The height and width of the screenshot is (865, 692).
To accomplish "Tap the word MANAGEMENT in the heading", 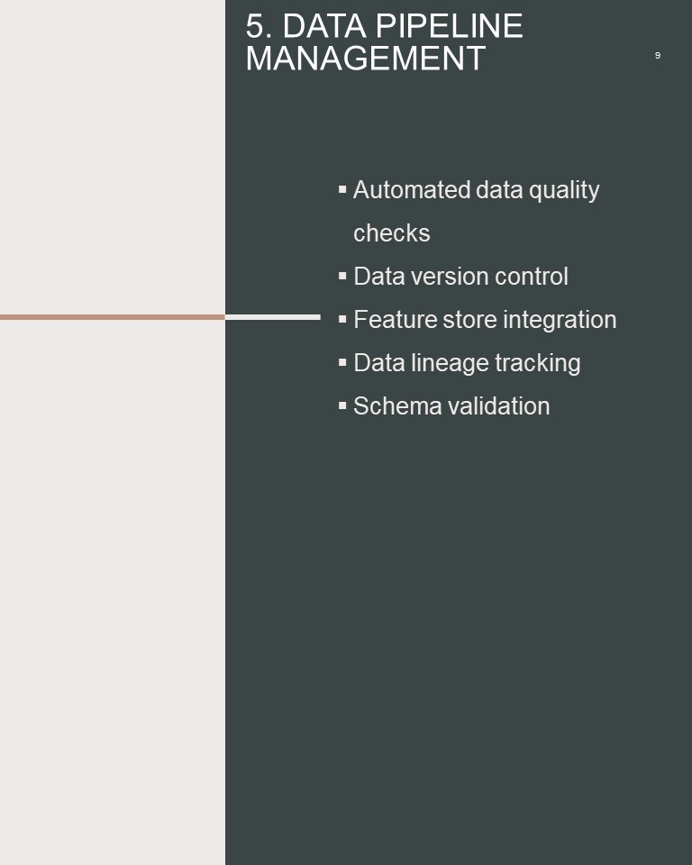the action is (x=365, y=59).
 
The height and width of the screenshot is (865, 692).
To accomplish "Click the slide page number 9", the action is (x=657, y=55).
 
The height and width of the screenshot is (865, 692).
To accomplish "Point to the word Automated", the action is (x=412, y=190).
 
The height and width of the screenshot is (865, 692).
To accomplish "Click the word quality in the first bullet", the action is (x=564, y=191).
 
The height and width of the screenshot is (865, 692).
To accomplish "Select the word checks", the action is (x=392, y=233).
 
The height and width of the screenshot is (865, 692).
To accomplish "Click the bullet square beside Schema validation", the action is (x=342, y=405).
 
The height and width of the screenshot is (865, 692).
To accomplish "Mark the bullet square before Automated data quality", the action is (x=342, y=189).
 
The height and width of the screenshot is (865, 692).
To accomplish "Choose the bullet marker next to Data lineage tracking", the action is (x=342, y=362).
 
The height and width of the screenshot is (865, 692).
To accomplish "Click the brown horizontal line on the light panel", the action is (x=113, y=317).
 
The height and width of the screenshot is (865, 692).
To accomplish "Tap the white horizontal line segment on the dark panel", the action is (x=273, y=317).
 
